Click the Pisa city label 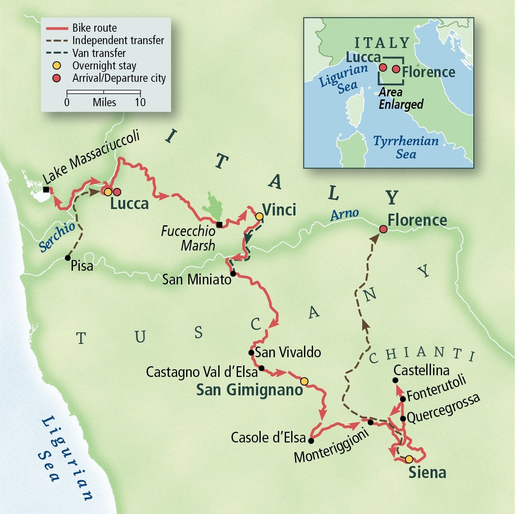point(82,266)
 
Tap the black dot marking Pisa point(67,258)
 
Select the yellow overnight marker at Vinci point(259,217)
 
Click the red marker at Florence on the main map point(383,230)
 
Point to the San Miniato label point(197,280)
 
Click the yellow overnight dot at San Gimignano point(304,381)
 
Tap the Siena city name point(427,472)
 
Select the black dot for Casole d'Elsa point(311,440)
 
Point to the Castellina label point(422,370)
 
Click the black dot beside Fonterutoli point(403,399)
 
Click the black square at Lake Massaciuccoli point(46,189)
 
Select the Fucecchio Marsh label point(189,238)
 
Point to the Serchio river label point(57,236)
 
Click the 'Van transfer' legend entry point(99,53)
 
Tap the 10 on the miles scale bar point(140,102)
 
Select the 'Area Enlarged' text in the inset point(401,98)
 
